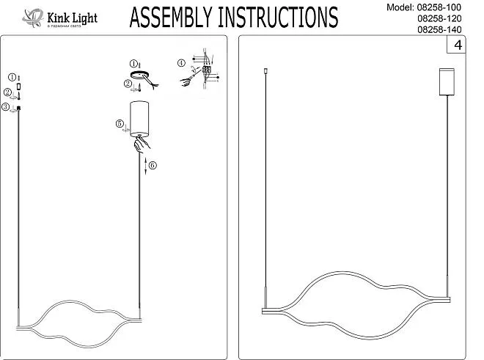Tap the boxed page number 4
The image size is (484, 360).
pos(458,46)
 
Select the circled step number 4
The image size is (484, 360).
pos(181,63)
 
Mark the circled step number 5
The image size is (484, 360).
pos(120,123)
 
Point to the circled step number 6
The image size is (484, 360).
pos(152,165)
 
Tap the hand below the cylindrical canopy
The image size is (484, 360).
pos(140,144)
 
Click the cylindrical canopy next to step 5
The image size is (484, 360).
pos(139,118)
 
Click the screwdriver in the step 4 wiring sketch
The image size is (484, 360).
pos(192,73)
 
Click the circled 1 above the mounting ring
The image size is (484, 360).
pos(134,64)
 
